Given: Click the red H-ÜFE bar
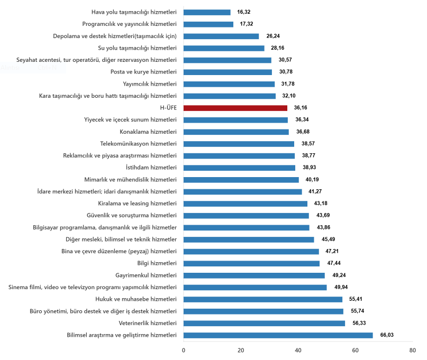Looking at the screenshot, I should click(x=235, y=108).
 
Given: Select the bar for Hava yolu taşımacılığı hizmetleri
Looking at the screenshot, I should click(x=207, y=12).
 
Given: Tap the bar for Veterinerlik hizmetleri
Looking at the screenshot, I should click(x=264, y=323).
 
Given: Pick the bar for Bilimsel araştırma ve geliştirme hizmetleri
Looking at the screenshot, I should click(x=278, y=335).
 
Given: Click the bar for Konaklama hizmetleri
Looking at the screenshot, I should click(x=236, y=132).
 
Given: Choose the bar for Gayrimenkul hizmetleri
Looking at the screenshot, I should click(x=254, y=275).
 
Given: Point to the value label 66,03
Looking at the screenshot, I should click(x=387, y=335).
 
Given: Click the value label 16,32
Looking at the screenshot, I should click(x=245, y=12).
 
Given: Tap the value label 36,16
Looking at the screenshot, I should click(x=302, y=108).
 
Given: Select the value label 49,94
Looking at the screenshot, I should click(x=341, y=288).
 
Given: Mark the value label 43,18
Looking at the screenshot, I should click(x=322, y=204).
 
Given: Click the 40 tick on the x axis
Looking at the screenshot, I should click(x=298, y=350).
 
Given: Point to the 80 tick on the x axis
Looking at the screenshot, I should click(x=412, y=350).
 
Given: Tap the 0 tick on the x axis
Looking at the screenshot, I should click(x=184, y=350).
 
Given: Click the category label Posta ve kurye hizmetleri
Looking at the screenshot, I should click(x=143, y=72).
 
